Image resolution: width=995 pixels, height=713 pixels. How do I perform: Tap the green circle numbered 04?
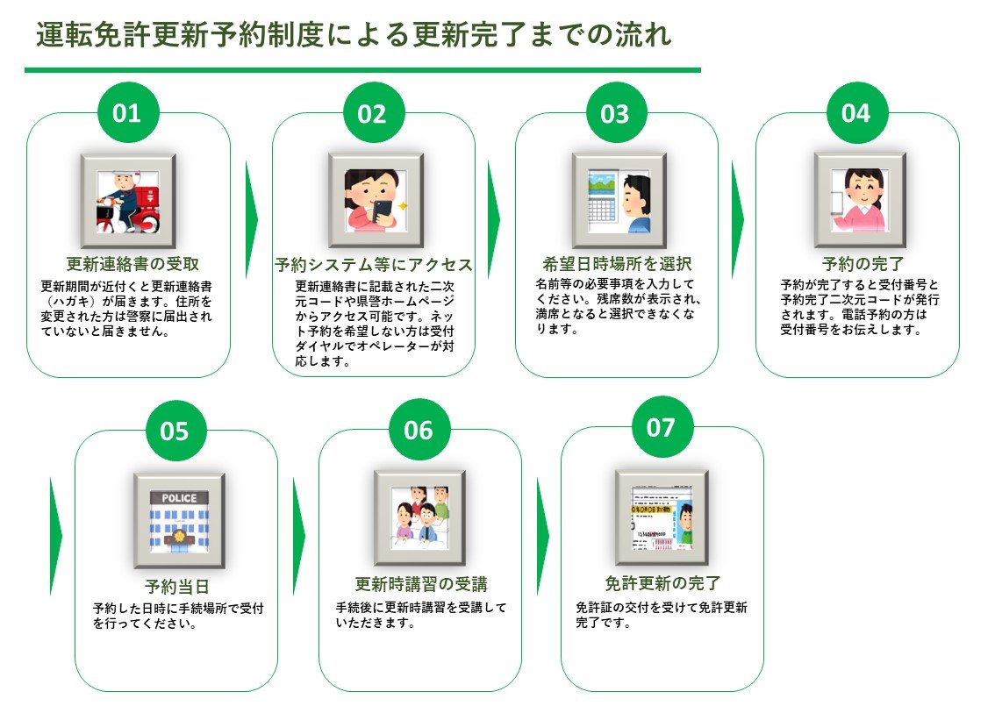point(856,114)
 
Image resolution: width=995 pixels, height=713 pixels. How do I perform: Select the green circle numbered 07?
point(661,428)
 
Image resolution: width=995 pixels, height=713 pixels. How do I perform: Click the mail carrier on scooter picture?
point(128,201)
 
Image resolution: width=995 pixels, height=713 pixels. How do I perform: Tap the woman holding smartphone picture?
point(376,201)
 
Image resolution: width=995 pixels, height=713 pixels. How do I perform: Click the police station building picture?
point(179,521)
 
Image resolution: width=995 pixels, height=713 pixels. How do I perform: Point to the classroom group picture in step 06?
point(419,517)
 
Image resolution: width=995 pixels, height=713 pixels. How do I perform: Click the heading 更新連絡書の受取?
point(128,264)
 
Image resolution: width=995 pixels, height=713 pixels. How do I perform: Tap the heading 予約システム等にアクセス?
point(374,265)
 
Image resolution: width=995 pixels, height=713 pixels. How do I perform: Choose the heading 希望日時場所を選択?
point(617,264)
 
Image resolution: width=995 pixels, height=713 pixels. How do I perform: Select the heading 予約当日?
point(176,587)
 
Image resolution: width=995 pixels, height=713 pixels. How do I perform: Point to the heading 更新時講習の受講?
point(421,584)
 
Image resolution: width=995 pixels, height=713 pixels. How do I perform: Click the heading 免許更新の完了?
point(662,583)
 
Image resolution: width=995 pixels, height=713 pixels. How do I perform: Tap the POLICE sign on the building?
point(179,497)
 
